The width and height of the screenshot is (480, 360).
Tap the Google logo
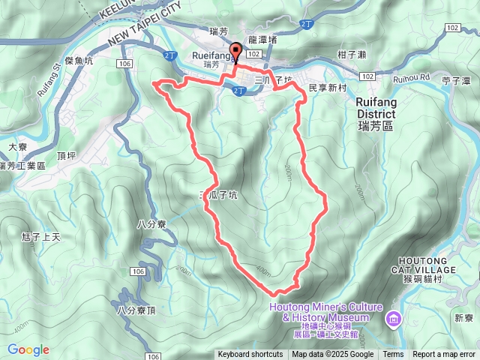[x=28, y=349]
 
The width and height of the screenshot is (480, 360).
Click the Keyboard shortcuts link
[x=250, y=355]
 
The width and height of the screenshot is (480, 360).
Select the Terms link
[x=393, y=355]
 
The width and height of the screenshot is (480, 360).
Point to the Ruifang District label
[x=386, y=112]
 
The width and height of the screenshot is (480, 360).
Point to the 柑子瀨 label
[x=352, y=54]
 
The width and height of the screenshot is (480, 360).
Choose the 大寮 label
[x=17, y=148]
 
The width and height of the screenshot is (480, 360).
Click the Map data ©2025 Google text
[x=332, y=355]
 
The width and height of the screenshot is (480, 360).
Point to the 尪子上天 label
[x=42, y=237]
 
